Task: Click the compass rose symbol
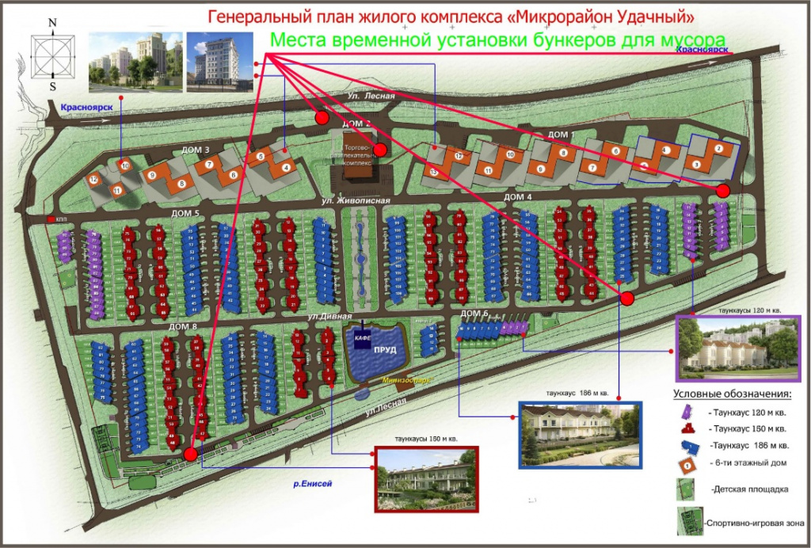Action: (x=53, y=55)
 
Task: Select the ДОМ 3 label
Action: (x=196, y=150)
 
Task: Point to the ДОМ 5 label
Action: (x=185, y=214)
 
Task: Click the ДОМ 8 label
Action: (x=183, y=325)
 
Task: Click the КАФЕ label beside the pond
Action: (x=364, y=337)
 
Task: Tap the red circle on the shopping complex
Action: (x=380, y=150)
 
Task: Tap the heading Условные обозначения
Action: (x=732, y=394)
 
